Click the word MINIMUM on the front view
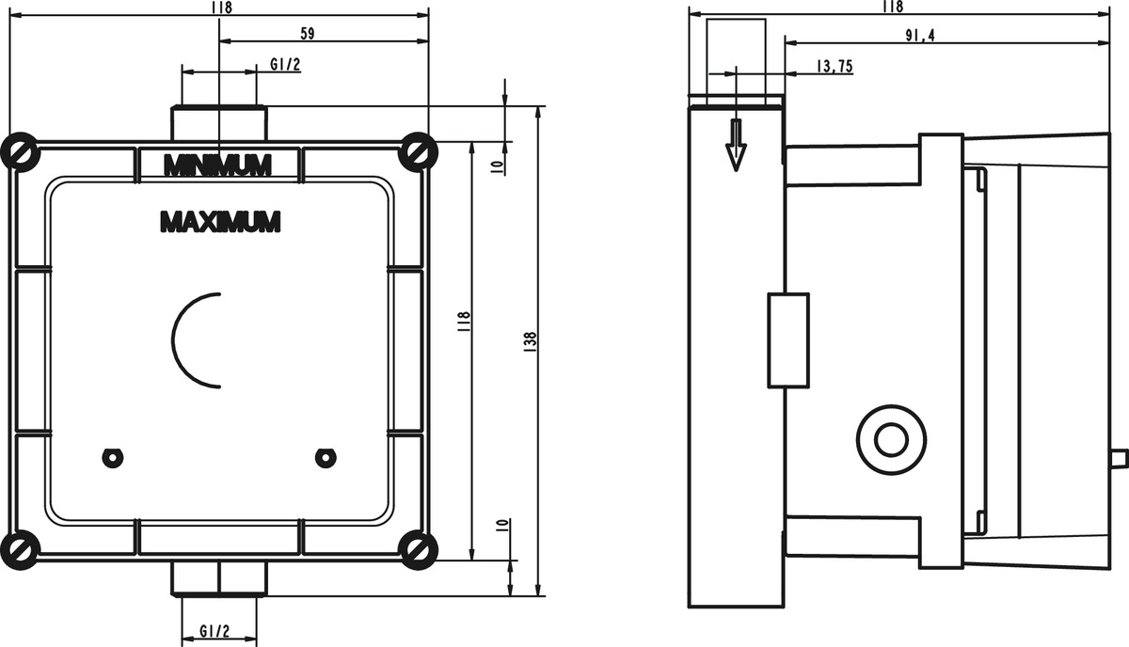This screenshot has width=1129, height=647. (217, 165)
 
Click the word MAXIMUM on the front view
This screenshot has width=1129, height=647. (220, 222)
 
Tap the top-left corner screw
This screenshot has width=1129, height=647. (20, 151)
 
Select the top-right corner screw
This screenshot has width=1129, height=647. (418, 151)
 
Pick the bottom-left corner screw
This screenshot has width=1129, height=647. (20, 550)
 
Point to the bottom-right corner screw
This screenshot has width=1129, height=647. (418, 550)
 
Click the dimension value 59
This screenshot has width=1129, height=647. (308, 34)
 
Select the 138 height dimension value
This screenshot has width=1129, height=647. (530, 342)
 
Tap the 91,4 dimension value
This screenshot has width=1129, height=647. (920, 36)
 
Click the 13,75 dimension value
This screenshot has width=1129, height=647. (835, 66)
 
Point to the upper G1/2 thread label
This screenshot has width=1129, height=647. (285, 65)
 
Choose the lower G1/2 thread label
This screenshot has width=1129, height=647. (215, 631)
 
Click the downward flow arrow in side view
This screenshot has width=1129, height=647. (737, 145)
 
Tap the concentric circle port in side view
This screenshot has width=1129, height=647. (891, 440)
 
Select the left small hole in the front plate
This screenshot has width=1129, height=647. (112, 458)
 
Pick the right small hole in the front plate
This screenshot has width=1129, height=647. (326, 458)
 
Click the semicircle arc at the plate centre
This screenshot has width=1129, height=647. (173, 340)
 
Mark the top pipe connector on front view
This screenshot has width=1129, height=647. (218, 123)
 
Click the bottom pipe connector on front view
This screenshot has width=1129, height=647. (218, 578)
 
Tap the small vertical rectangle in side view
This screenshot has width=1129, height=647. (788, 340)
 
